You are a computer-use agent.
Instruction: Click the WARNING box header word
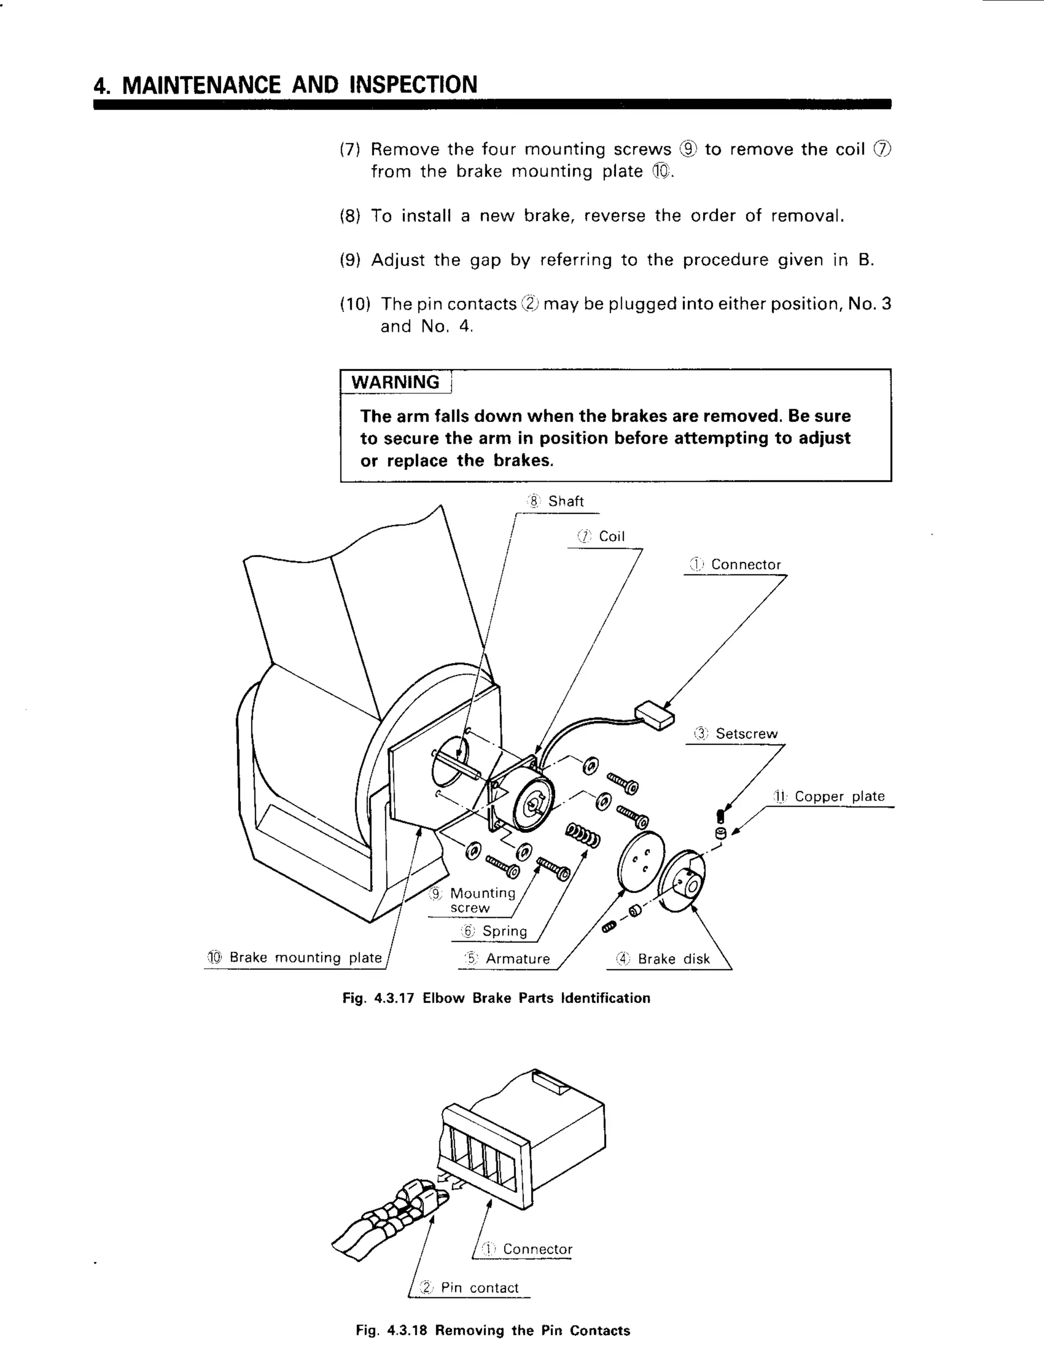(395, 382)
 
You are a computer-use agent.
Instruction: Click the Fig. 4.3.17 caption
(496, 998)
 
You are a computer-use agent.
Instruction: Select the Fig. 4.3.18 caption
(492, 1331)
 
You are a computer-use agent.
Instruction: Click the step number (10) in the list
(355, 304)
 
